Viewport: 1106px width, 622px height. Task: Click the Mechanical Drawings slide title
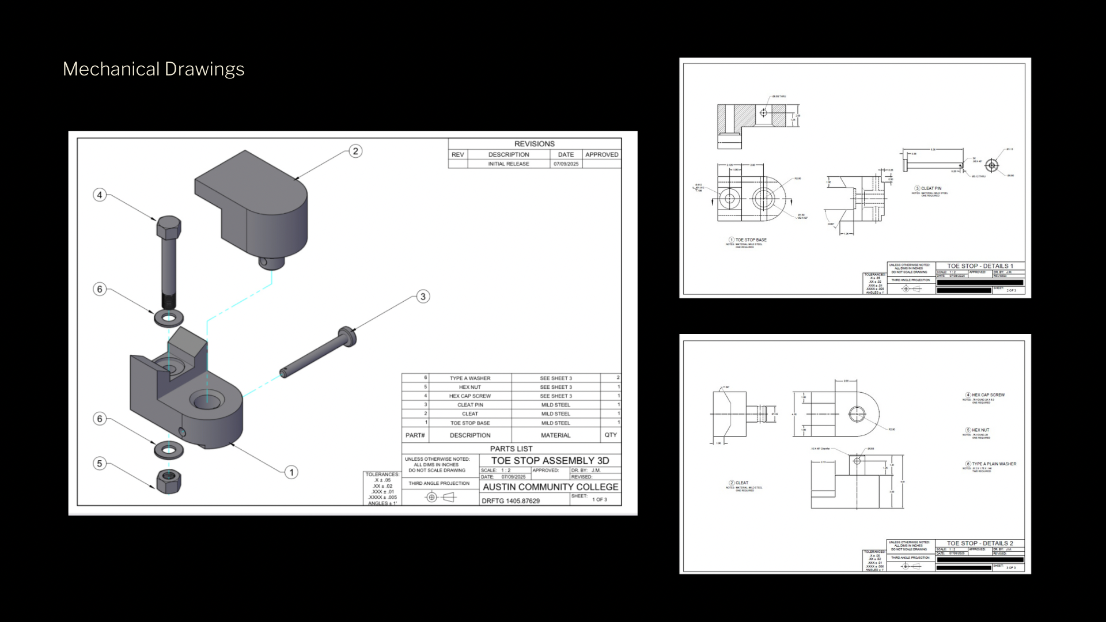click(x=153, y=69)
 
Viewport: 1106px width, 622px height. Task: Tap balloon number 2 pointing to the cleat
click(x=355, y=151)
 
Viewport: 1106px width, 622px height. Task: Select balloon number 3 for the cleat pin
click(x=423, y=297)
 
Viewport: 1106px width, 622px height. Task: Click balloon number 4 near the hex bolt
click(x=100, y=195)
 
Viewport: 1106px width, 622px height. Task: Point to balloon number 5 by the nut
click(x=100, y=464)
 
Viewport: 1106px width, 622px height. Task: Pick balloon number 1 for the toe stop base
click(x=291, y=472)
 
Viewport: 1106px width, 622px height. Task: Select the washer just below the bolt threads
click(x=169, y=317)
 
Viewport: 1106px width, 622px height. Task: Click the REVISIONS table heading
click(x=534, y=144)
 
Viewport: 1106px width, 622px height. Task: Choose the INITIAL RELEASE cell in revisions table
click(x=508, y=164)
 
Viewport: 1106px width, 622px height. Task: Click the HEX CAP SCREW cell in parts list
click(x=469, y=396)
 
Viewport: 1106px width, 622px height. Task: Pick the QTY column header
click(x=611, y=435)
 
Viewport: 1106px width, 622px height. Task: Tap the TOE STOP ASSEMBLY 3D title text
click(x=550, y=461)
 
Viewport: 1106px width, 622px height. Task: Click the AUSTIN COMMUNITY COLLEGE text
click(x=550, y=487)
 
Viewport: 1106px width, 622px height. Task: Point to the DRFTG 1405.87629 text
click(x=510, y=501)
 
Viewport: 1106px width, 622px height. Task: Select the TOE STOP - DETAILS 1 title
click(x=980, y=266)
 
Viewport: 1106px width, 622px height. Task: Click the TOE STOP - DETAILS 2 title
click(x=980, y=543)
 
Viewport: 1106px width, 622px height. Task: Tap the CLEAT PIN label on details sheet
click(x=931, y=188)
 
